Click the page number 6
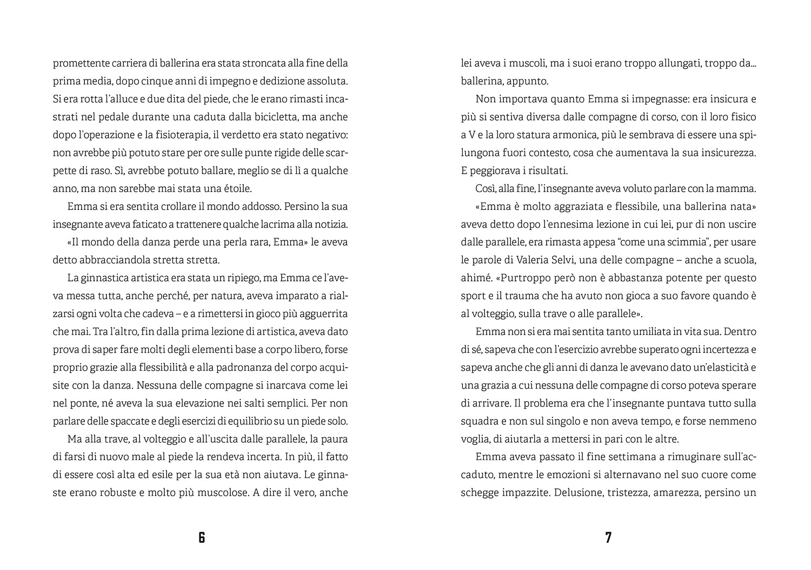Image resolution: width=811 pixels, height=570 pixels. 202,538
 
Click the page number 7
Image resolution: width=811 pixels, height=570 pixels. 608,538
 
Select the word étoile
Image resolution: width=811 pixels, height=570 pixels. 237,189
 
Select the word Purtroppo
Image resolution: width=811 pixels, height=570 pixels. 524,278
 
